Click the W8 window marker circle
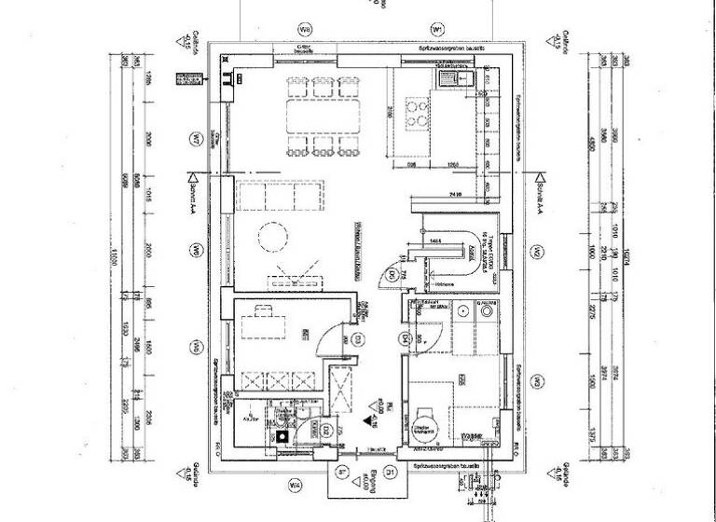[x=303, y=29]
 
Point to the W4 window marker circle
[x=295, y=485]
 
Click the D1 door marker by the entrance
[x=392, y=473]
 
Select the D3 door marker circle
[x=356, y=339]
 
